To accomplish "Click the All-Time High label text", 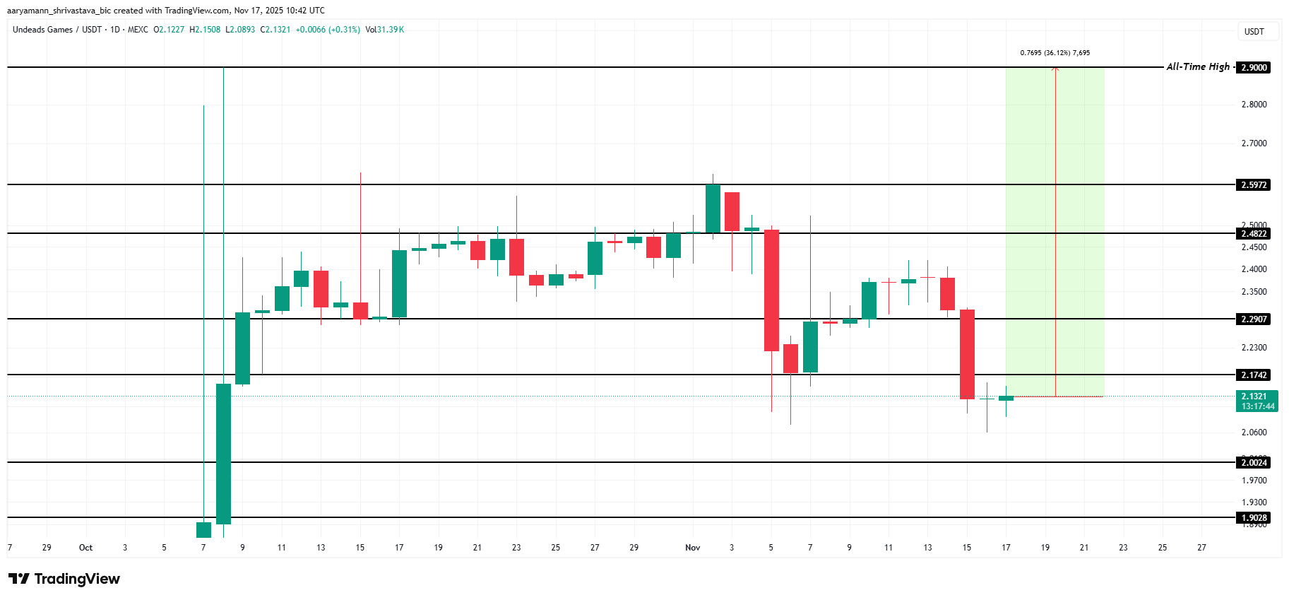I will click(1198, 67).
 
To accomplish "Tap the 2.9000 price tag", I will click(1254, 68).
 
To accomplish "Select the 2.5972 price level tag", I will click(1254, 185).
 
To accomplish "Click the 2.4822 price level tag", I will click(1254, 234).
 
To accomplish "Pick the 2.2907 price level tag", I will click(1254, 319).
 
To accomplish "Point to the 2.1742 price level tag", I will click(1254, 375).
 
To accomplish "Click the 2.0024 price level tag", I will click(1254, 463).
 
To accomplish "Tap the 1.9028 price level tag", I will click(1254, 518).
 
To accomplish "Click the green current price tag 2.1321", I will click(1257, 401).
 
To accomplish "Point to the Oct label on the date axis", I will click(85, 548).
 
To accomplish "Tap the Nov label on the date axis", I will click(692, 548).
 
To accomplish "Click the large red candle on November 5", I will click(771, 290).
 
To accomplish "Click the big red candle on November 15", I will click(967, 354).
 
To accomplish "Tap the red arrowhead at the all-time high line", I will click(1055, 69).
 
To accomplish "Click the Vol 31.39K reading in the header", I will click(385, 30).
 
